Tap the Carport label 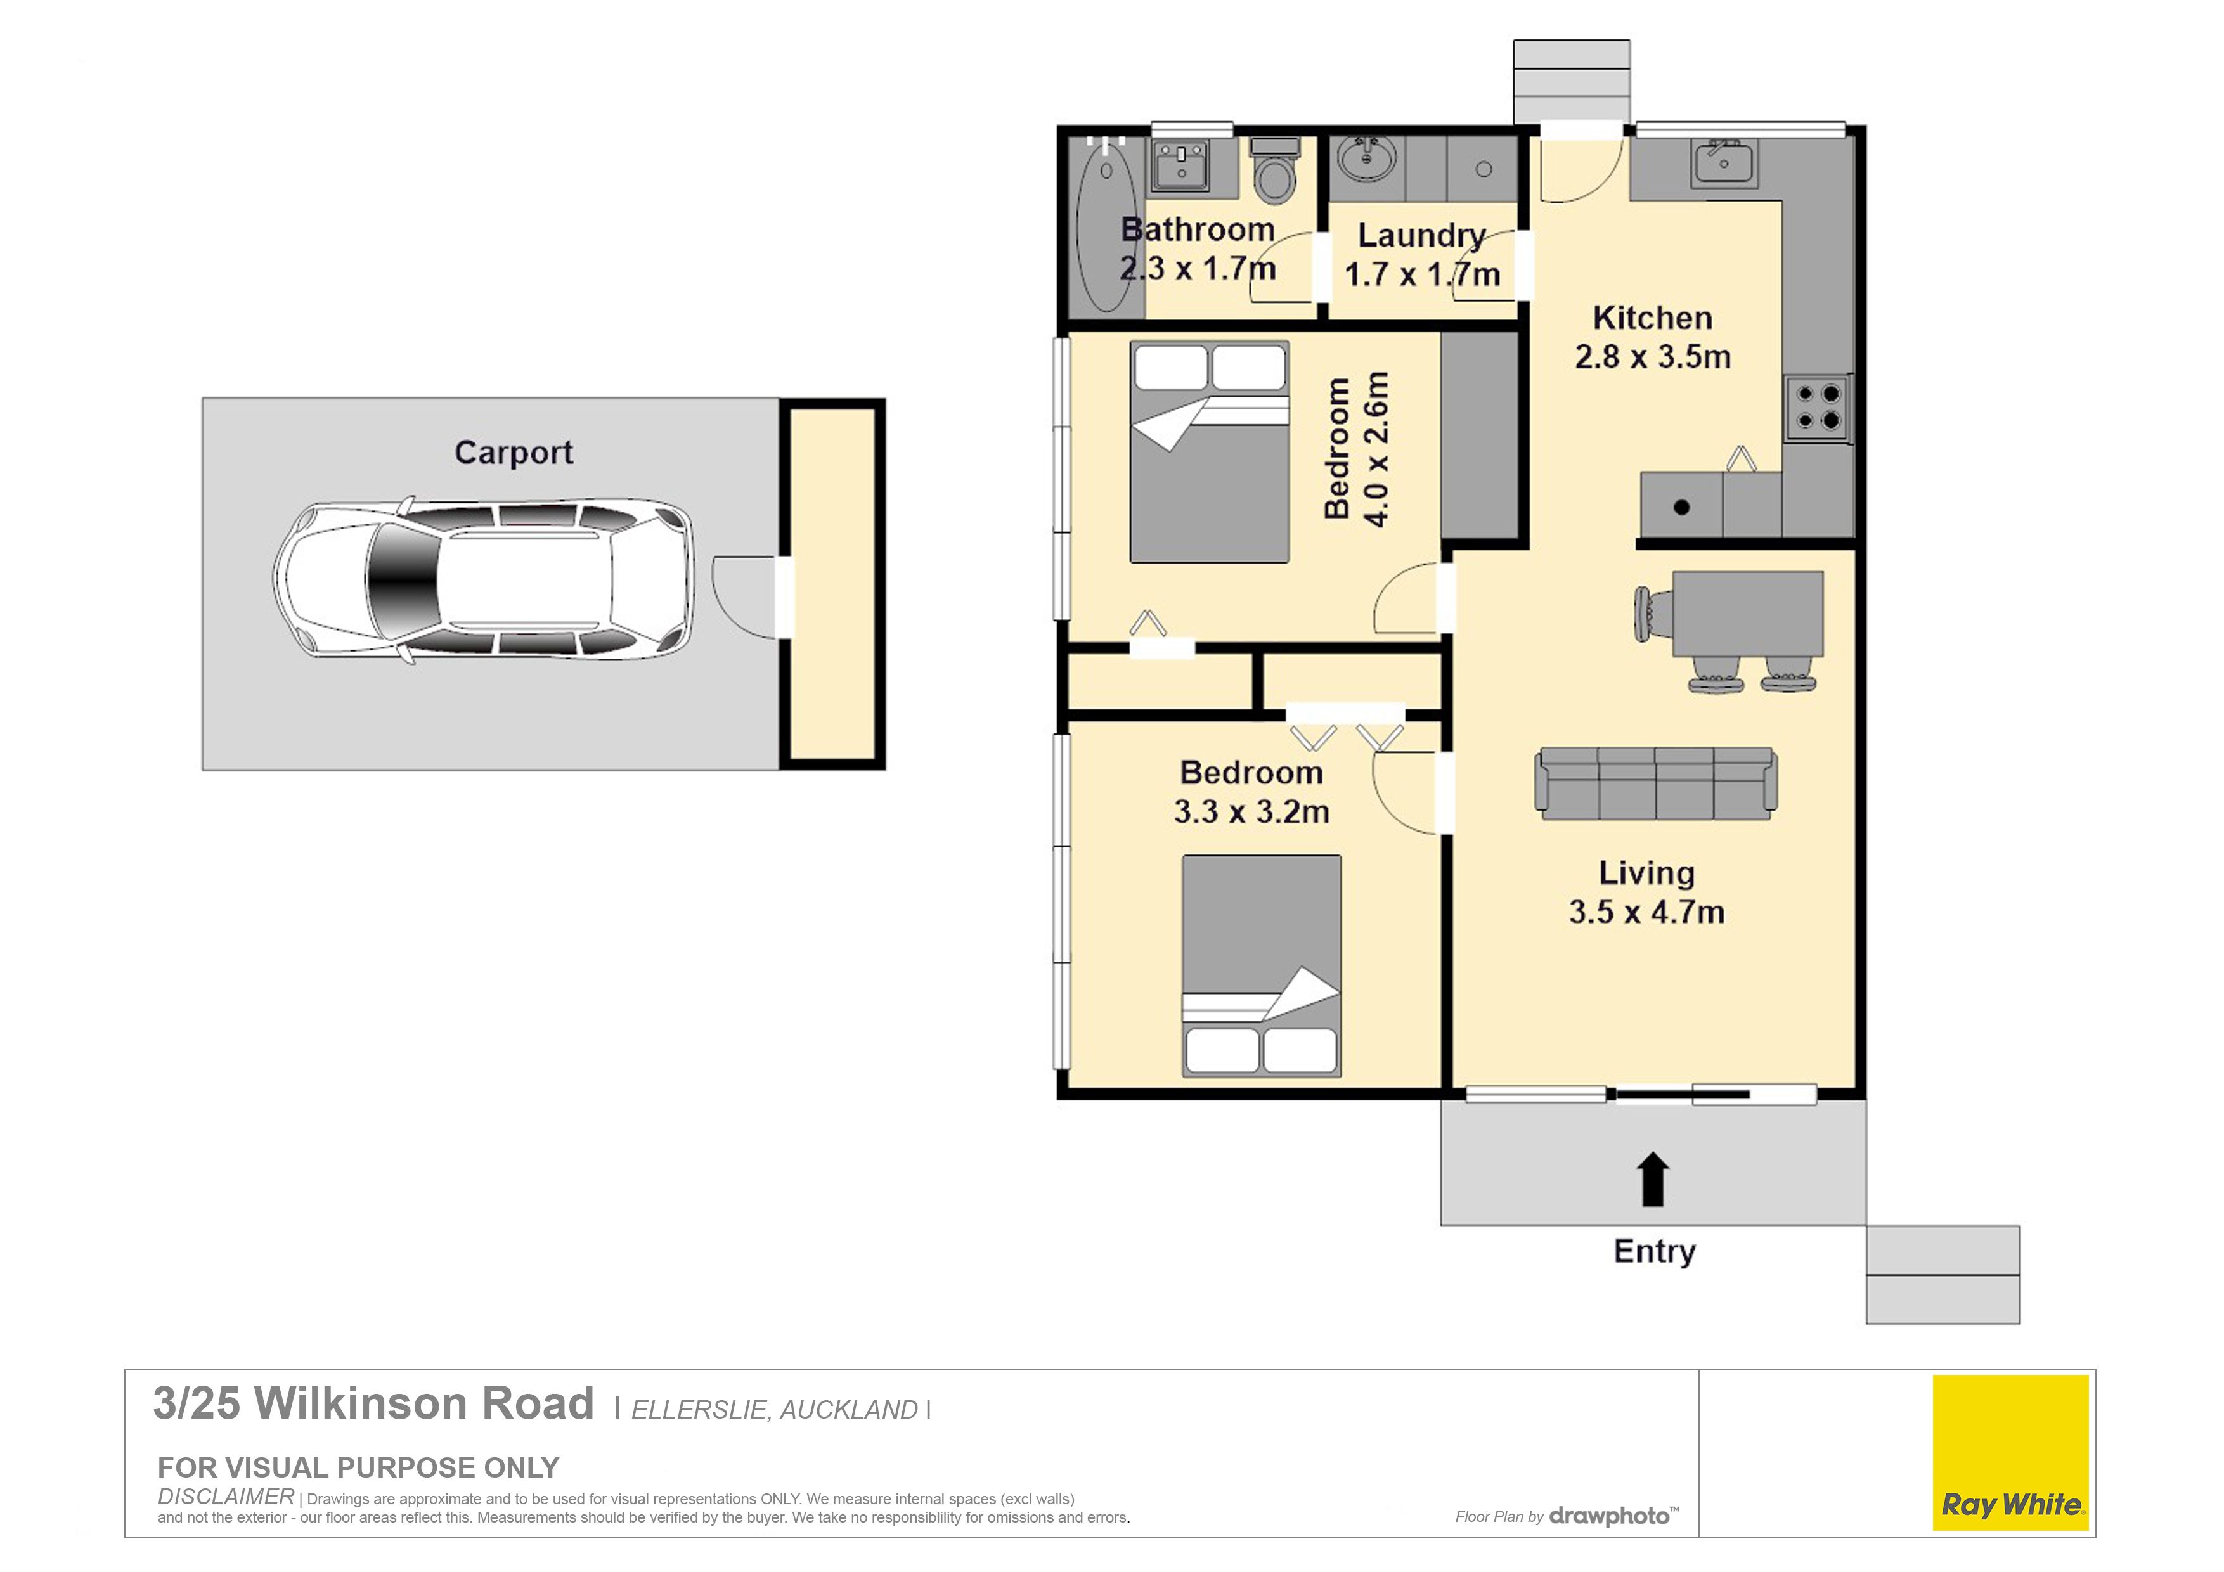pyautogui.click(x=514, y=453)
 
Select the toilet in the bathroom pyautogui.click(x=1274, y=169)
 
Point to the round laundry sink pyautogui.click(x=1367, y=159)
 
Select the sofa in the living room pyautogui.click(x=1655, y=783)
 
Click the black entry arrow pyautogui.click(x=1653, y=1179)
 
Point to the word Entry pyautogui.click(x=1655, y=1251)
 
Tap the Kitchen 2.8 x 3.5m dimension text pyautogui.click(x=1653, y=356)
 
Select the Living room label pyautogui.click(x=1646, y=873)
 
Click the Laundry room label pyautogui.click(x=1421, y=235)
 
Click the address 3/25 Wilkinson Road pyautogui.click(x=373, y=1403)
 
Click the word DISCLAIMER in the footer pyautogui.click(x=226, y=1497)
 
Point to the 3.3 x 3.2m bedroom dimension pyautogui.click(x=1251, y=811)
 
